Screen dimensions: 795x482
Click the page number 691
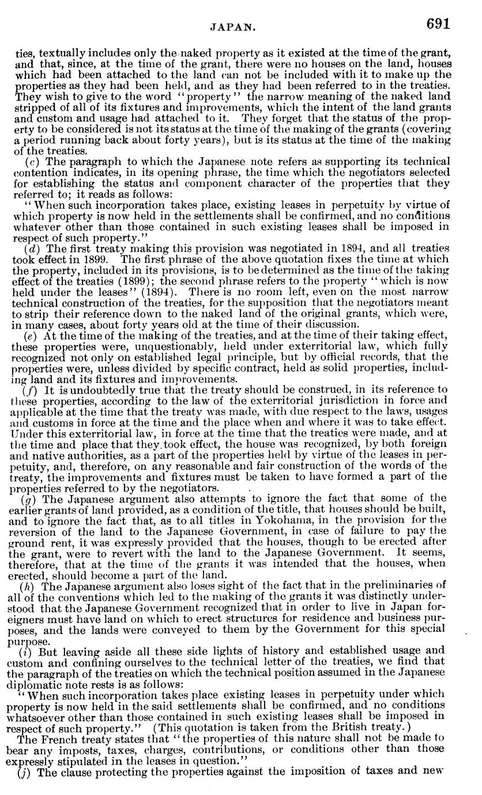(438, 24)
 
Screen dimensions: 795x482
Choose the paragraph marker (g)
(28, 499)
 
